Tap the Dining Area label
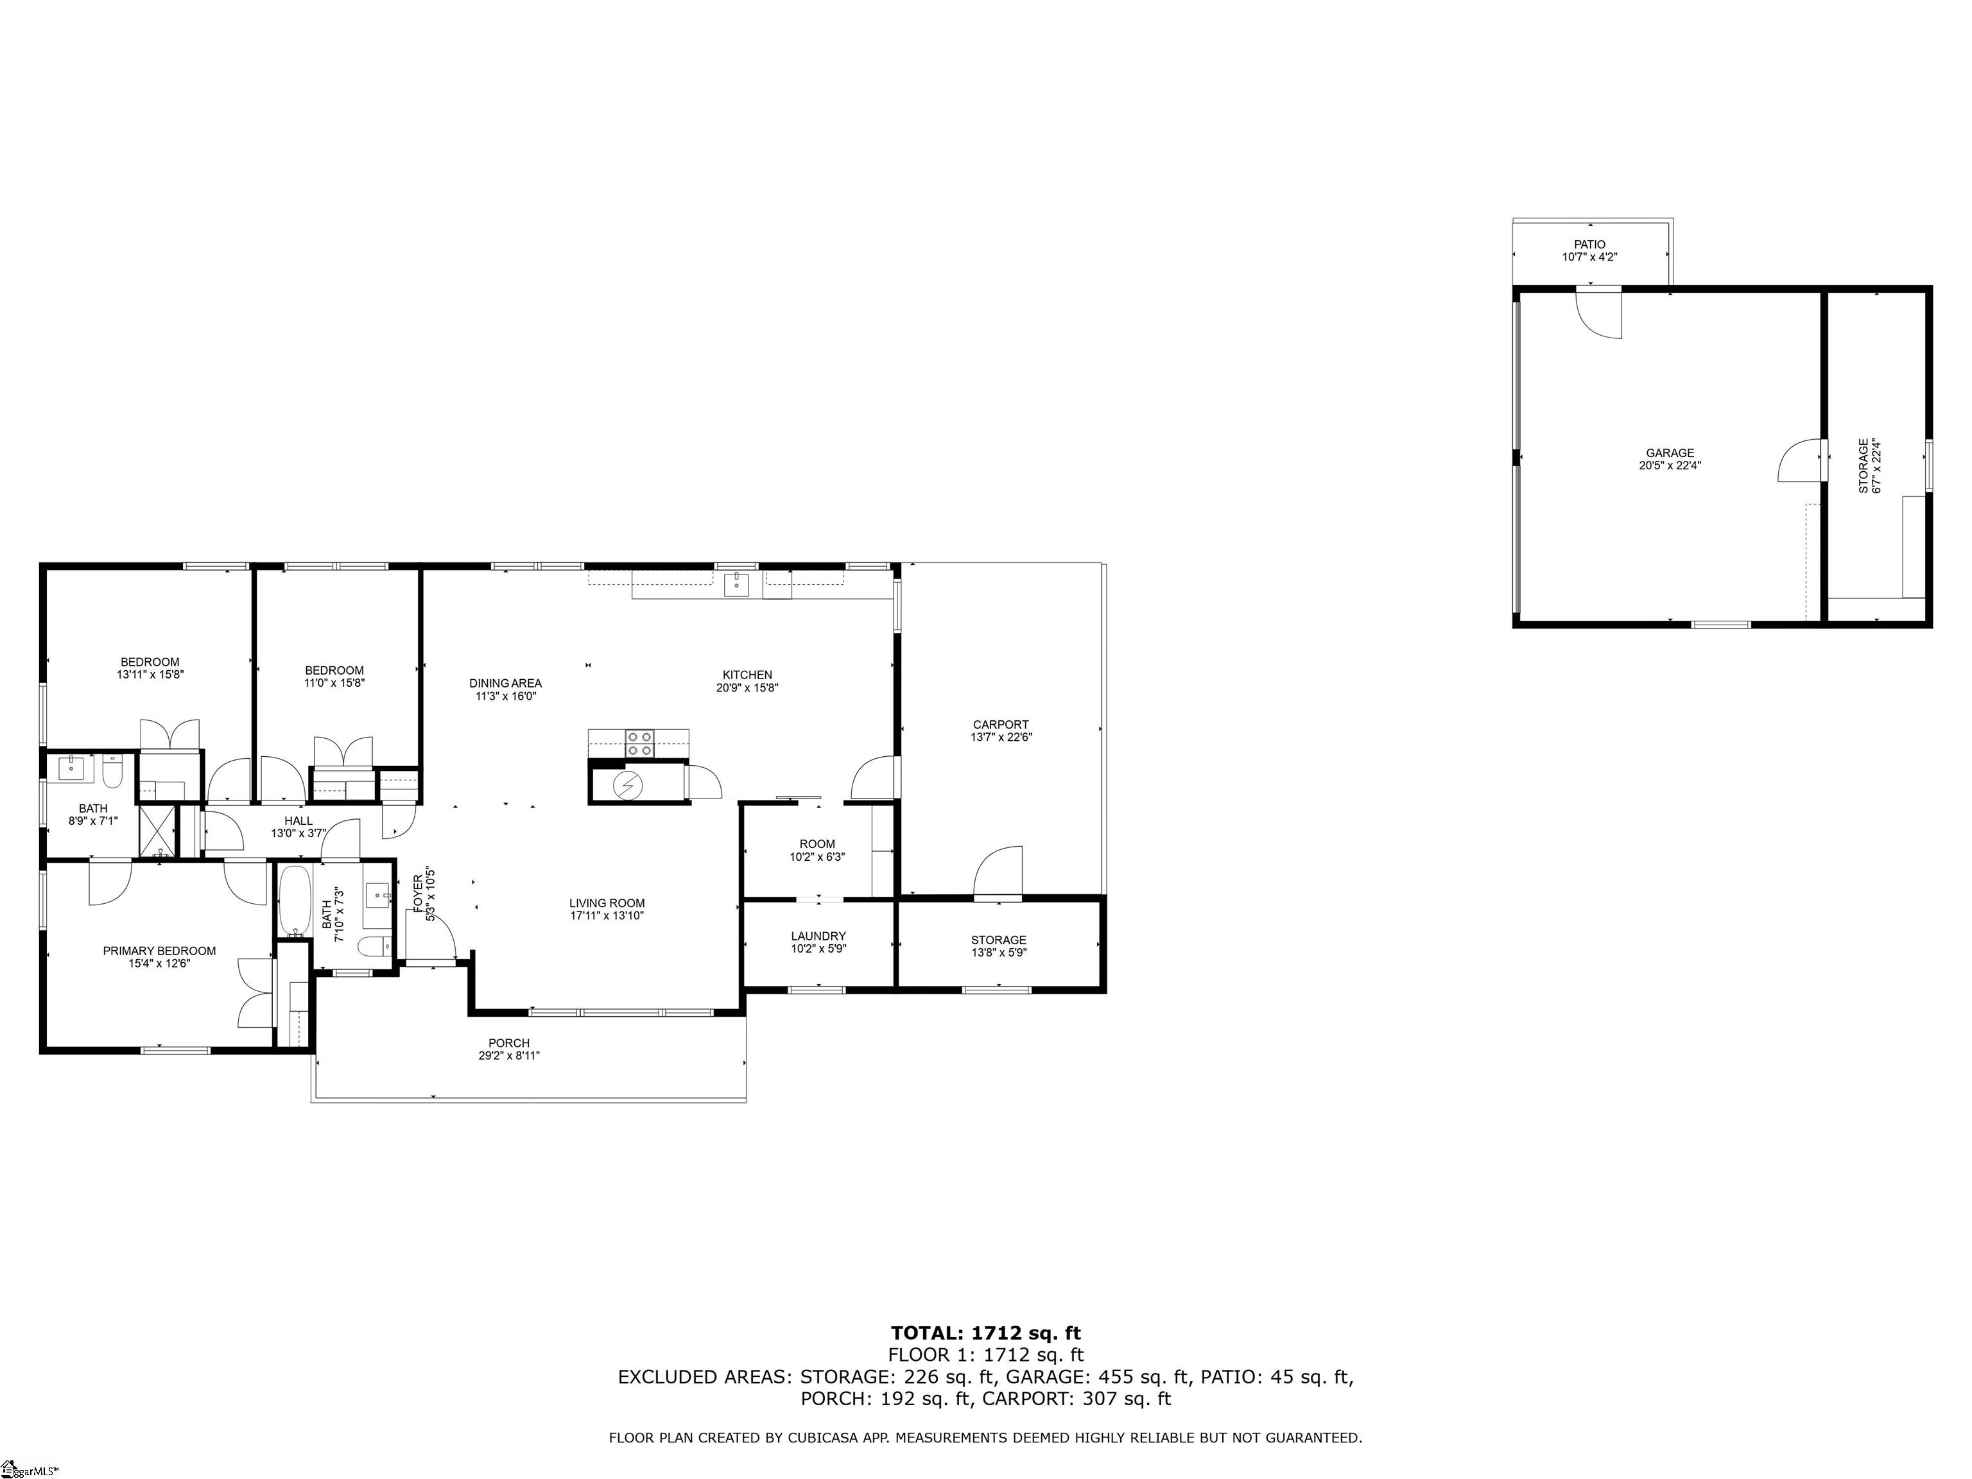505,684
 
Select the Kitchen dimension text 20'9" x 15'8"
747,688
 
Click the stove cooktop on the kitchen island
639,743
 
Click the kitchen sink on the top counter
736,585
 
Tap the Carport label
1000,725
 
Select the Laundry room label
818,936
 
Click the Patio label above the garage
1589,245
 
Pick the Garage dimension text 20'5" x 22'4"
1670,465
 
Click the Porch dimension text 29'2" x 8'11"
509,1055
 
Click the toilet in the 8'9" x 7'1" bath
112,772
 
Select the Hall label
298,821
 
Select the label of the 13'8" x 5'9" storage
998,940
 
